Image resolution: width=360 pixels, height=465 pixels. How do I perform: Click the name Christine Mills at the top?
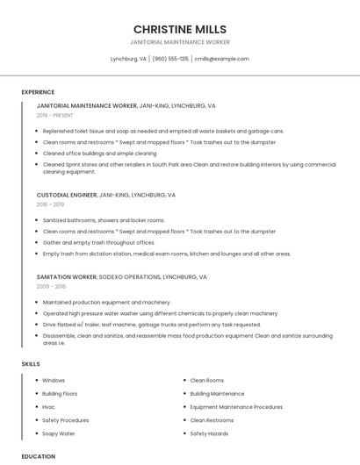(179, 28)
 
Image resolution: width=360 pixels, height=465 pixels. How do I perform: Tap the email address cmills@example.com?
(221, 59)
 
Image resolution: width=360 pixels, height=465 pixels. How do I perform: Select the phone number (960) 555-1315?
(170, 59)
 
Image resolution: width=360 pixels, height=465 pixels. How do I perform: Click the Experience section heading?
(38, 91)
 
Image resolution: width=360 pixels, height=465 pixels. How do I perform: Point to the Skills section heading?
(31, 363)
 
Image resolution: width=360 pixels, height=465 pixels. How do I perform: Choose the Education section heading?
(38, 456)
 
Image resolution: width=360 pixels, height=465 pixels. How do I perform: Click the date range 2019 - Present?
(55, 115)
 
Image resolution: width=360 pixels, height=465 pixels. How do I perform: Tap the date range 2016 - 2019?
(50, 204)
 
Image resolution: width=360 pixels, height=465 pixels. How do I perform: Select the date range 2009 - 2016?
(51, 286)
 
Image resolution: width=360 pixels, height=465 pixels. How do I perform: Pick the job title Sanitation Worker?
(67, 276)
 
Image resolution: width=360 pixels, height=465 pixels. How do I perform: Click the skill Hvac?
(49, 407)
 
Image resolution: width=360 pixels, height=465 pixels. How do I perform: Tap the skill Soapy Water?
(59, 433)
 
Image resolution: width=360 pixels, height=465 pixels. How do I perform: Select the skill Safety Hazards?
(209, 433)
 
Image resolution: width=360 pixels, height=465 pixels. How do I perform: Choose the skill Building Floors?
(60, 394)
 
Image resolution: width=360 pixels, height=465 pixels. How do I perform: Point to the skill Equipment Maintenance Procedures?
(236, 407)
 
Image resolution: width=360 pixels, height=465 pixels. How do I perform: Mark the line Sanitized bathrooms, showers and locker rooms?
(104, 220)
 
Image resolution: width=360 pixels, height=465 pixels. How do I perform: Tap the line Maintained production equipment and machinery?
(106, 302)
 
